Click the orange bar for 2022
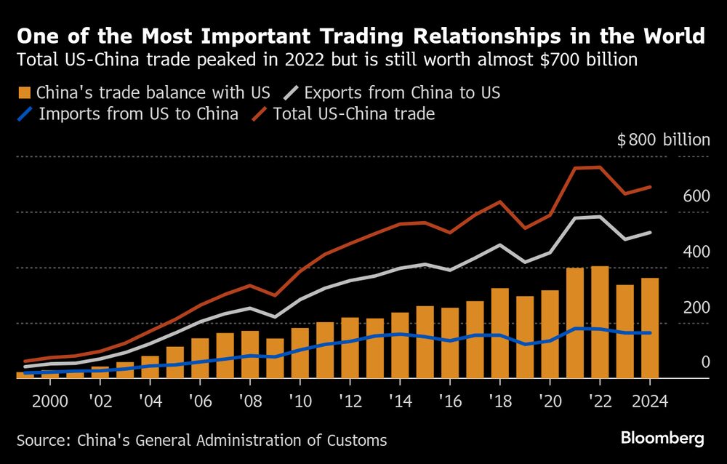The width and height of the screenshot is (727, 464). [x=600, y=323]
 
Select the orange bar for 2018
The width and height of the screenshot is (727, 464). [x=500, y=334]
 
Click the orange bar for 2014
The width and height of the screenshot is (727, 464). [x=400, y=345]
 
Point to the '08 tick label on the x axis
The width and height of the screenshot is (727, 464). [x=249, y=400]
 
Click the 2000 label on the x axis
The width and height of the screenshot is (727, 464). [x=50, y=400]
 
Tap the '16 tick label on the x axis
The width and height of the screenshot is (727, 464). [x=449, y=400]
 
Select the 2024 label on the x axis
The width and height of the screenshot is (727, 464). [x=649, y=400]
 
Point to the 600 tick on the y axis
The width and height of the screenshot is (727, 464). [x=696, y=196]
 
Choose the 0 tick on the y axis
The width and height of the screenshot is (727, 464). [x=704, y=362]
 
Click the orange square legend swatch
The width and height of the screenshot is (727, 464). [x=24, y=93]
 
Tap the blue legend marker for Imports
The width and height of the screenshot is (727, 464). [x=24, y=114]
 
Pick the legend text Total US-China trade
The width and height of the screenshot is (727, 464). [x=354, y=114]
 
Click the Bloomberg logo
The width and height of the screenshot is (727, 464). [x=662, y=438]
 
